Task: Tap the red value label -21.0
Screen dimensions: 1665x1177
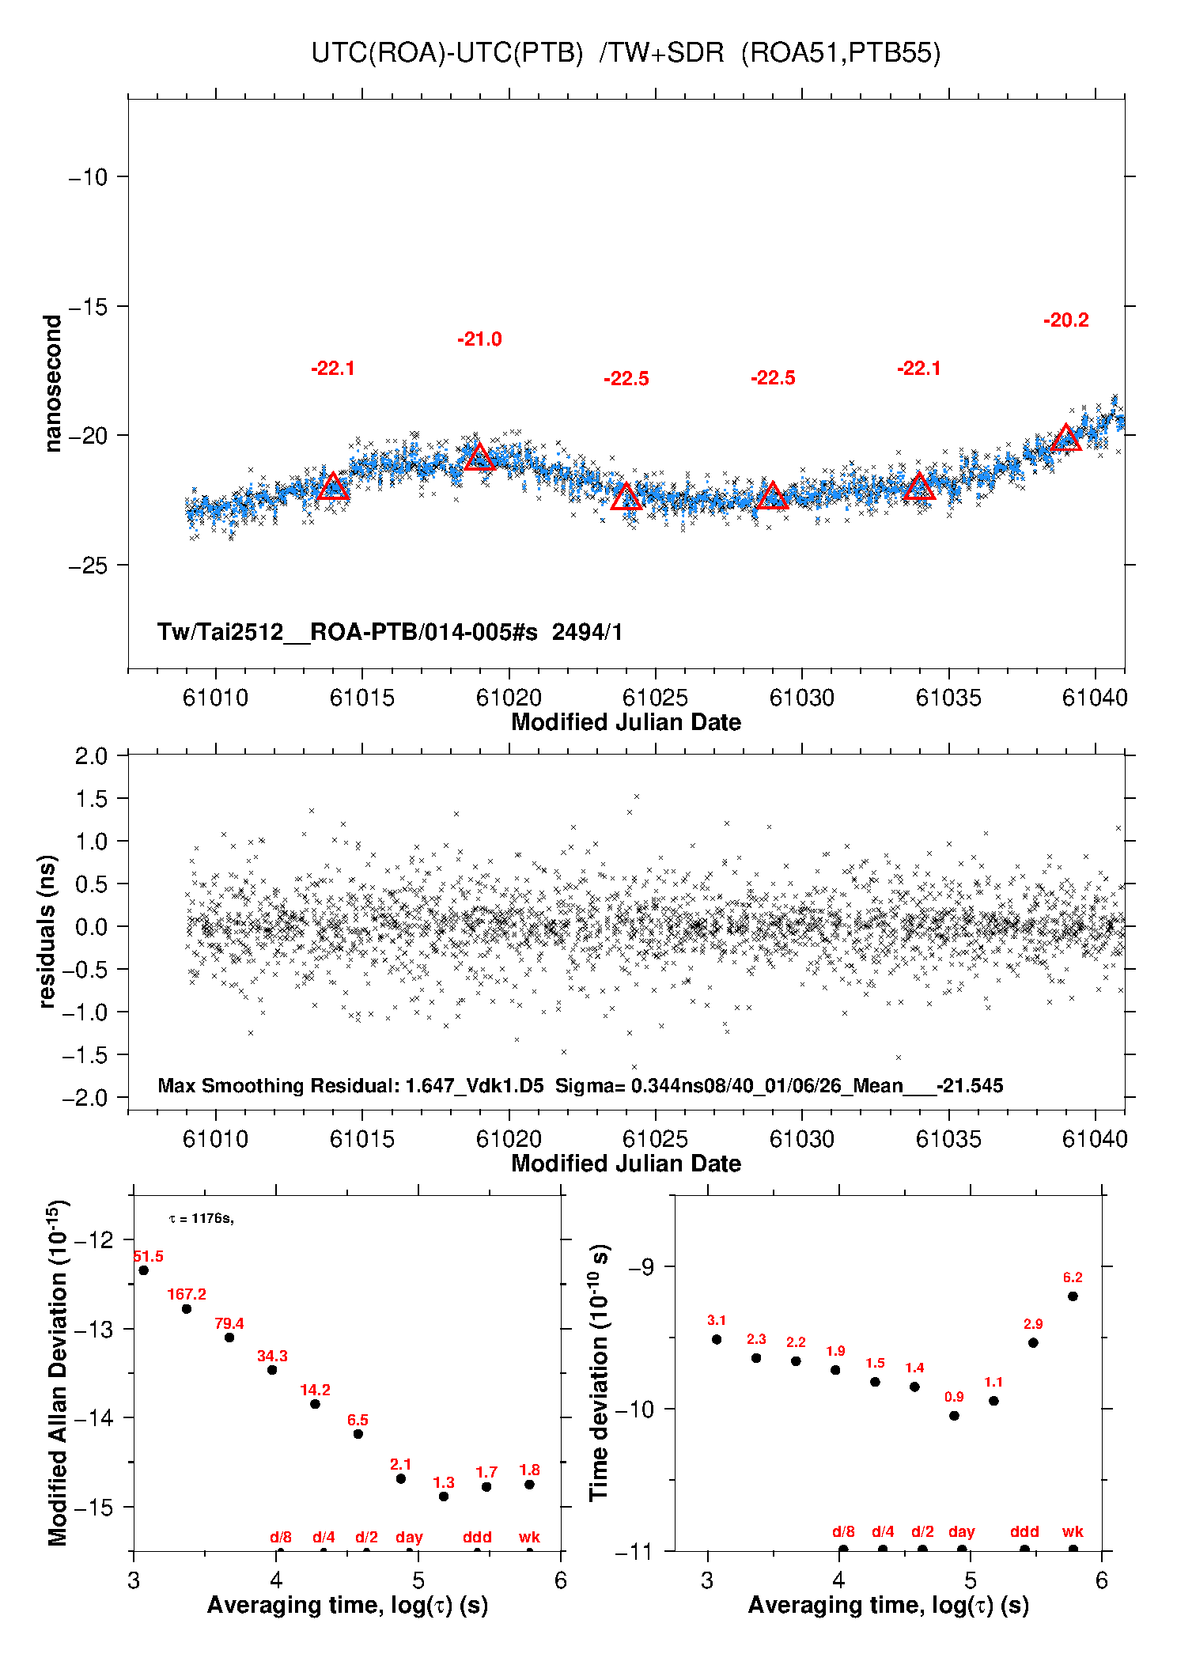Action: click(479, 339)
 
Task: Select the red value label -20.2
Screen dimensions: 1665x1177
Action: click(1065, 320)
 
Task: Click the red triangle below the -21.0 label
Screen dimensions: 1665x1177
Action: click(479, 457)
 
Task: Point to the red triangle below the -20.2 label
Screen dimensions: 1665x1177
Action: click(1065, 438)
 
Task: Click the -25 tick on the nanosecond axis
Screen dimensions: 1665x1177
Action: click(88, 566)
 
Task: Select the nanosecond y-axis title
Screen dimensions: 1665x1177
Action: click(53, 384)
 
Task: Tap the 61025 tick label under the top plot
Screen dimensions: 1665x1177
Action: click(655, 698)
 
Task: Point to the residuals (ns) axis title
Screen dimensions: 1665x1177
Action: click(47, 931)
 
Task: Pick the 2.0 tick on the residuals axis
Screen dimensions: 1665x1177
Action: click(91, 756)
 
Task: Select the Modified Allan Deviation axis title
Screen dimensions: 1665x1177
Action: click(58, 1372)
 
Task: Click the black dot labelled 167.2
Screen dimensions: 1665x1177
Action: click(187, 1309)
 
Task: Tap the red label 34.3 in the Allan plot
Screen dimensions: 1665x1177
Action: click(272, 1356)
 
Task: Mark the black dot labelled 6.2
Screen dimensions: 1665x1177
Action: click(1073, 1296)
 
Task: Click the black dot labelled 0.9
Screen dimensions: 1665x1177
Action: click(954, 1415)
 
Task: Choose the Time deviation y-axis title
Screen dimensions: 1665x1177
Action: click(599, 1372)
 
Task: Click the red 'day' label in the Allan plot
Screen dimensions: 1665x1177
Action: click(409, 1537)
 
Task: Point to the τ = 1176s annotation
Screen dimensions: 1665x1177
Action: click(201, 1218)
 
